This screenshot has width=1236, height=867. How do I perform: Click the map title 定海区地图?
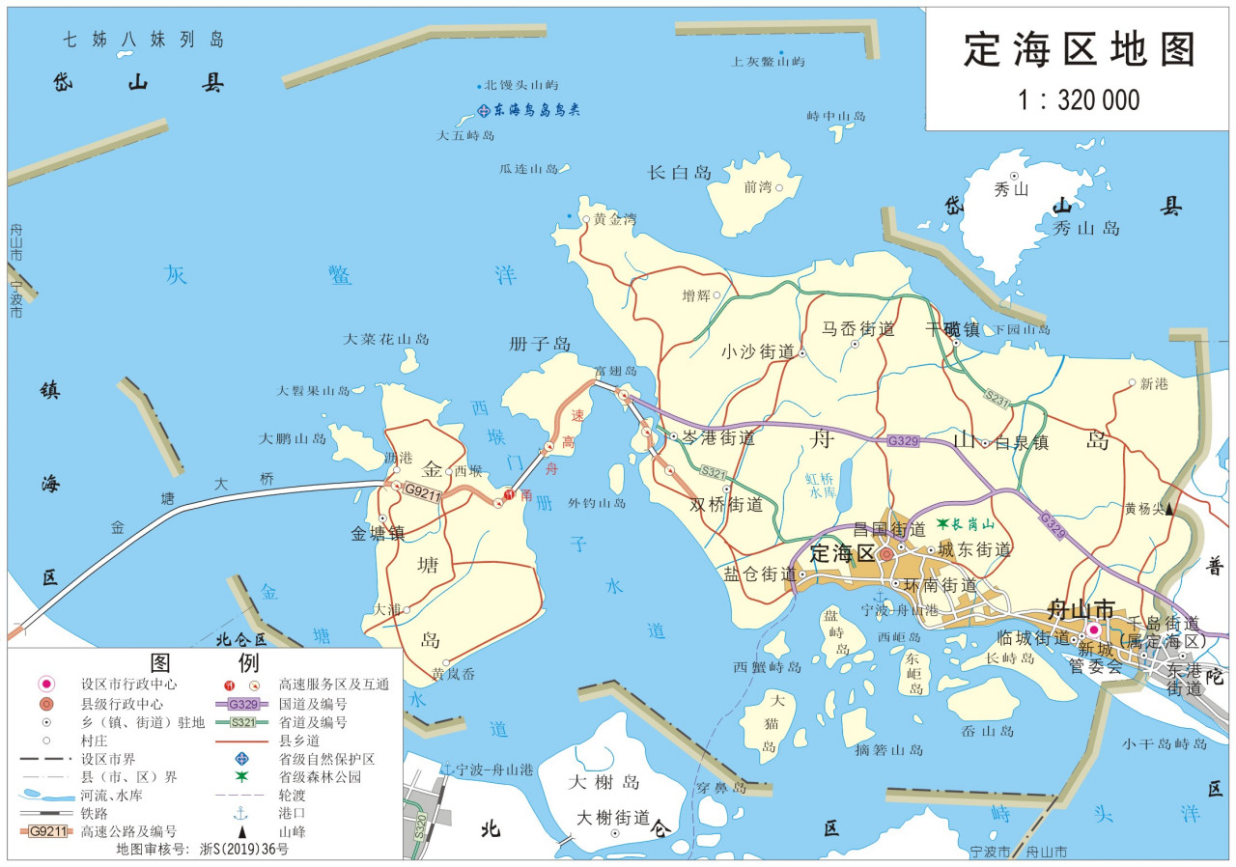pos(1080,50)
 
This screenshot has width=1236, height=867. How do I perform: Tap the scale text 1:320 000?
pos(1079,99)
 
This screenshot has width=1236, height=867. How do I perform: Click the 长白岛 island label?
pos(679,173)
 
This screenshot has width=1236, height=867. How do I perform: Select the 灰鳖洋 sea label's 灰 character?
pos(175,275)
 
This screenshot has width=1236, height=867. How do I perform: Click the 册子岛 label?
pos(540,345)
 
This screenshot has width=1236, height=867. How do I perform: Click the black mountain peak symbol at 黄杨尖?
pos(1170,509)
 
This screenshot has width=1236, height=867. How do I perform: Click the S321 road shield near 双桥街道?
pos(713,472)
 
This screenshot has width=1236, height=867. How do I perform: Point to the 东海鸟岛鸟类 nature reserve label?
pos(535,111)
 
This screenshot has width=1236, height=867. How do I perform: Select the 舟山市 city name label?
pos(1081,609)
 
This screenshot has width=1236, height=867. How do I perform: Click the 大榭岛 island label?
pos(604,781)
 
